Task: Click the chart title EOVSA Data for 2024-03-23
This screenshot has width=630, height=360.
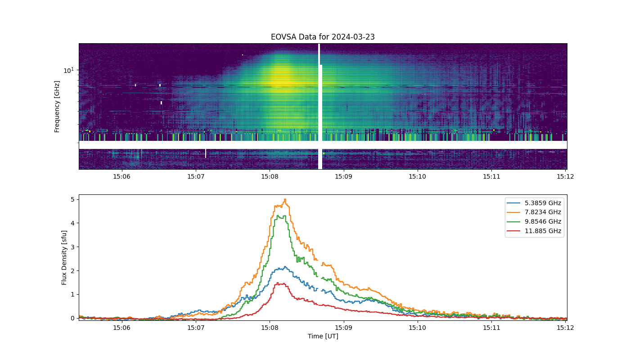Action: point(323,37)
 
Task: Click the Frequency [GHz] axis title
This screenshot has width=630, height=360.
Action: point(57,107)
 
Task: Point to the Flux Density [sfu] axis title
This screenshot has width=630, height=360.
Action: point(64,257)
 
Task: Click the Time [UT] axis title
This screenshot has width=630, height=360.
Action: point(323,337)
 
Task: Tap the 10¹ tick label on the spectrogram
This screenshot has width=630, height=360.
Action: point(68,70)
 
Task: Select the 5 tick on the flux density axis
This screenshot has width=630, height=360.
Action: point(73,199)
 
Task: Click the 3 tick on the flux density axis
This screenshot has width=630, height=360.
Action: point(73,247)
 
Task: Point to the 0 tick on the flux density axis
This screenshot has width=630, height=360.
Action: point(73,318)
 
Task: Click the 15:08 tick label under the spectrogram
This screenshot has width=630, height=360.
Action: point(270,176)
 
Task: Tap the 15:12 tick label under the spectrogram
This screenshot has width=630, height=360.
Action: point(565,176)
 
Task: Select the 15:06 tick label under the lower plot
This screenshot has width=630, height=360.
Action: point(122,328)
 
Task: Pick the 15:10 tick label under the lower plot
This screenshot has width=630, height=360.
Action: point(418,328)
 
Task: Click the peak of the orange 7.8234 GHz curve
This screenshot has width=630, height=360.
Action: point(285,199)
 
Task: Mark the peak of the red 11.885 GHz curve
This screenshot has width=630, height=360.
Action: point(279,283)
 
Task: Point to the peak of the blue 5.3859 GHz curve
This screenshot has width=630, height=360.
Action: point(285,266)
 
